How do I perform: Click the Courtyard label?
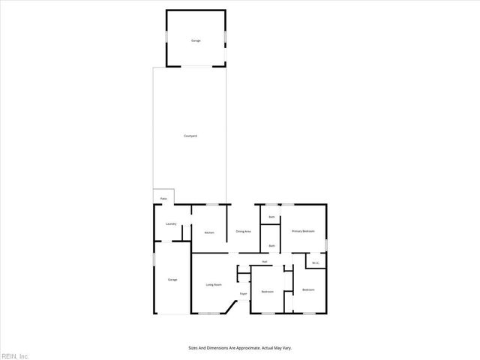point(190,136)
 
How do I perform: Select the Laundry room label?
point(170,224)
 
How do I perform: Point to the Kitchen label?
point(209,232)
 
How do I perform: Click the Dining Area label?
point(243,231)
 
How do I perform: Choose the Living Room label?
point(214,284)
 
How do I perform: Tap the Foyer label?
point(243,293)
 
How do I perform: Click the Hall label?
point(265,262)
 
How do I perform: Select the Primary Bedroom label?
point(302,231)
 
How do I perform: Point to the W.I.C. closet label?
point(316,262)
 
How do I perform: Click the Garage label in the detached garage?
point(195,40)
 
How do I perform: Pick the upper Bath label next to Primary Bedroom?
point(271,217)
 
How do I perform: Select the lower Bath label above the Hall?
point(271,245)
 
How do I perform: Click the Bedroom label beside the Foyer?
point(267,291)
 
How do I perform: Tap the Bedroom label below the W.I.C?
point(308,289)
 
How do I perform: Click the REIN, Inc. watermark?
point(14,355)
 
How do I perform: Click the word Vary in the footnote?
point(287,348)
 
